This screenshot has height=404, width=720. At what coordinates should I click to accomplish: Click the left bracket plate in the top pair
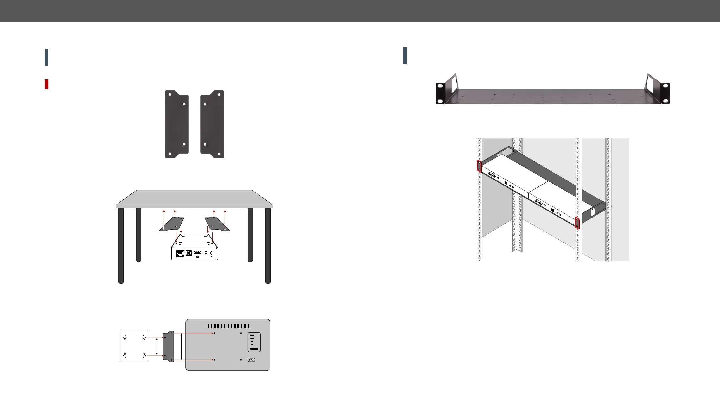(x=177, y=124)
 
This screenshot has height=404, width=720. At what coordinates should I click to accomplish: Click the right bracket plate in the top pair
(x=212, y=124)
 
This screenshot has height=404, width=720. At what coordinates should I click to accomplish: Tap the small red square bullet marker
(x=47, y=84)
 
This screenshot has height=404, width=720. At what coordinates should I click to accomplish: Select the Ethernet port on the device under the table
(x=180, y=254)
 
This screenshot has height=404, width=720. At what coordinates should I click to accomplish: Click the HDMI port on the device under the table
(x=198, y=253)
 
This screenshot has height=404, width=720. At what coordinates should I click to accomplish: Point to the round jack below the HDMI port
(x=198, y=257)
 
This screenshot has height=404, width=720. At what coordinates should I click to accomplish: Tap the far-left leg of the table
(x=121, y=245)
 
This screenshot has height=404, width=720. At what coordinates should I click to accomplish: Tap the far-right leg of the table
(x=268, y=245)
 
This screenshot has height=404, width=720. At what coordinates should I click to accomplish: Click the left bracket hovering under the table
(x=172, y=224)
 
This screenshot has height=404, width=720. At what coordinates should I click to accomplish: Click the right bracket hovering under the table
(x=217, y=224)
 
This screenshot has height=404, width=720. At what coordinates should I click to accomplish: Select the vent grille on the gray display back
(x=228, y=326)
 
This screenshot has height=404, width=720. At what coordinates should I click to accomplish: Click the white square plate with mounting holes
(x=134, y=346)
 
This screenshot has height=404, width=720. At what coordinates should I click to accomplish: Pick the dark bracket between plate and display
(x=169, y=346)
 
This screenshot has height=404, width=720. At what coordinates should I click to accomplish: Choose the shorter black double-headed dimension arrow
(x=157, y=346)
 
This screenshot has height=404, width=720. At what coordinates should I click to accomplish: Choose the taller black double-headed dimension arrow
(x=181, y=346)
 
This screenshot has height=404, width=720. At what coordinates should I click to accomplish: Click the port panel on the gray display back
(x=254, y=342)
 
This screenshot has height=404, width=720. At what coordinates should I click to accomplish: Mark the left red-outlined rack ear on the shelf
(x=479, y=166)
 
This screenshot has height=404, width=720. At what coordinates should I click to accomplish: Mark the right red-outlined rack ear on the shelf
(x=577, y=223)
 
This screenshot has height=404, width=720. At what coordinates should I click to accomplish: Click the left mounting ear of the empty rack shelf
(x=440, y=93)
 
